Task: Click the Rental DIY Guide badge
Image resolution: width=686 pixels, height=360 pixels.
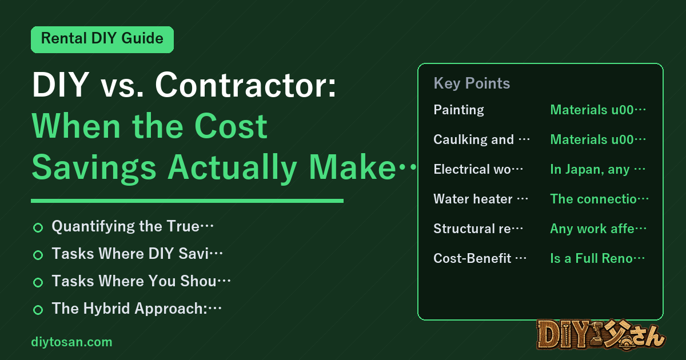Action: pyautogui.click(x=102, y=39)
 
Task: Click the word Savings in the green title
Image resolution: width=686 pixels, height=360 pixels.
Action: pyautogui.click(x=94, y=167)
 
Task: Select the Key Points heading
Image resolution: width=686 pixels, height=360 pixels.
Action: pyautogui.click(x=472, y=83)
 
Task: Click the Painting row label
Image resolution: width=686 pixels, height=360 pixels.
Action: pyautogui.click(x=458, y=110)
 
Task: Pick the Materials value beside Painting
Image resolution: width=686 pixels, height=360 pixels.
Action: pyautogui.click(x=598, y=110)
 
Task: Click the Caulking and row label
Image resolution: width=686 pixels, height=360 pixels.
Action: pyautogui.click(x=481, y=139)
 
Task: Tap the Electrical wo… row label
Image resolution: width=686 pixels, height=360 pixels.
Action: pyautogui.click(x=478, y=169)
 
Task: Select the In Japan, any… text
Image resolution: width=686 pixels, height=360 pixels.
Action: pyautogui.click(x=597, y=169)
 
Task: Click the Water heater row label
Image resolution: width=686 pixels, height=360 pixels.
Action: pyautogui.click(x=481, y=199)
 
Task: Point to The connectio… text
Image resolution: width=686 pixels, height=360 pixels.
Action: pyautogui.click(x=599, y=199)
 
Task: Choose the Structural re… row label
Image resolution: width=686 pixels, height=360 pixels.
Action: pyautogui.click(x=478, y=229)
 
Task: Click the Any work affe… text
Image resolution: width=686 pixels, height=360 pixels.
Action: pyautogui.click(x=598, y=229)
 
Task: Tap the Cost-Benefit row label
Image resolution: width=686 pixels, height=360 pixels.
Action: pyautogui.click(x=480, y=258)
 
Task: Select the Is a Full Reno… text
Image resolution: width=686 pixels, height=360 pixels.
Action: pyautogui.click(x=597, y=258)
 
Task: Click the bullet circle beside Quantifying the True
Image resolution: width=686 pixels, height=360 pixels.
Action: pyautogui.click(x=38, y=227)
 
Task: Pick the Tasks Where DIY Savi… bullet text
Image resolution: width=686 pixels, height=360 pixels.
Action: pyautogui.click(x=137, y=254)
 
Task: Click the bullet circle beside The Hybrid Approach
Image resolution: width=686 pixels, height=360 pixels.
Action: pyautogui.click(x=38, y=310)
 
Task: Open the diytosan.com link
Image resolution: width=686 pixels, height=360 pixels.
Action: pyautogui.click(x=71, y=342)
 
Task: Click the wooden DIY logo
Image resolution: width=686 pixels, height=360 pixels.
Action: pyautogui.click(x=601, y=335)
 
